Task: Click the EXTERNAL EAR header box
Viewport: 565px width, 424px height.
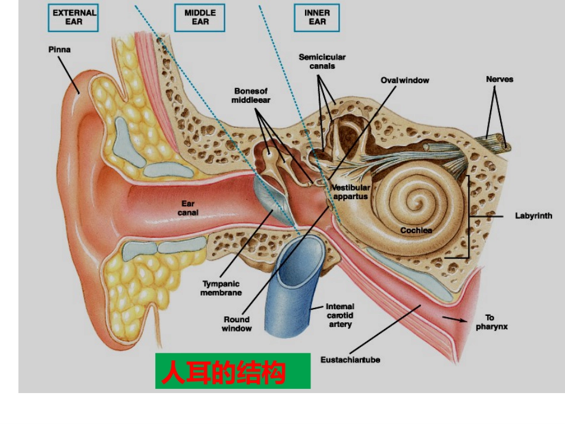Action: coord(73,18)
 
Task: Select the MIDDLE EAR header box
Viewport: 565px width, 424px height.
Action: coord(200,18)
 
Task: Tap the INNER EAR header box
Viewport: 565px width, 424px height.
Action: coord(317,18)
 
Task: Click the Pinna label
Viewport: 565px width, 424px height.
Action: coord(59,50)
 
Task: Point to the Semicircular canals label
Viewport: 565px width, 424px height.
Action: coord(322,62)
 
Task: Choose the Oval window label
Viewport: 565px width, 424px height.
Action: coord(405,80)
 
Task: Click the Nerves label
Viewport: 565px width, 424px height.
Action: coord(500,79)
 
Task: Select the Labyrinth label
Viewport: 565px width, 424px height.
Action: coord(533,216)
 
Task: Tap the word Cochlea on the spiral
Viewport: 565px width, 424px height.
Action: coord(416,230)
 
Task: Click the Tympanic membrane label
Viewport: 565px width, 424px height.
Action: coord(221,288)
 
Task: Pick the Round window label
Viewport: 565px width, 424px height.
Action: coord(237,324)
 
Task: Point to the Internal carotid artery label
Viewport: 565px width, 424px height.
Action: coord(340,315)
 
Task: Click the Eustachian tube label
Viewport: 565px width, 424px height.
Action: coord(350,360)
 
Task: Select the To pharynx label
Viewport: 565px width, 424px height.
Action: coord(491,322)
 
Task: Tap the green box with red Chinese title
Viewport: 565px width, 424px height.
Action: coord(233,371)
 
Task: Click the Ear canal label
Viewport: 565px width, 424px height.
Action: coord(188,208)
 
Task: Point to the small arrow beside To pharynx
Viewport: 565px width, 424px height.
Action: coord(455,319)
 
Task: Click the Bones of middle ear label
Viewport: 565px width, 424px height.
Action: coord(251,96)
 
